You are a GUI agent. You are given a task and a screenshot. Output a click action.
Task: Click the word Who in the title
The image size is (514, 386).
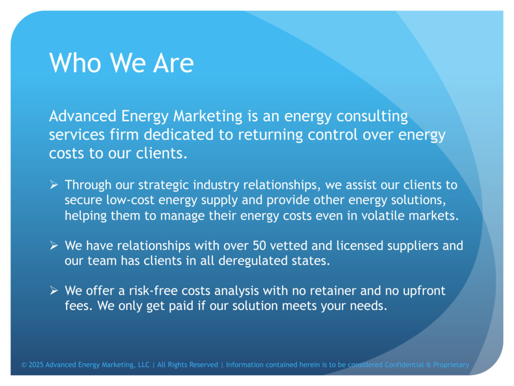tap(75, 62)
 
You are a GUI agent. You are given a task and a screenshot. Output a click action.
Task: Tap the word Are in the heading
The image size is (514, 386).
tap(173, 62)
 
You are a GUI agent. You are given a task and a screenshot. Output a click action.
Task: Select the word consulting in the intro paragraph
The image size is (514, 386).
tap(372, 117)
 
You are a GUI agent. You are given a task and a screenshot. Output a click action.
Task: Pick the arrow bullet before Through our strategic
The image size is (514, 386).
tap(54, 185)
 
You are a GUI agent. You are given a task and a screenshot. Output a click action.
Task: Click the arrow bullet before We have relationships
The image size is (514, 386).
tap(54, 245)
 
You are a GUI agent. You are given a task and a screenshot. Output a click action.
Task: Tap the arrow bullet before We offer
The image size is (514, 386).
tap(54, 291)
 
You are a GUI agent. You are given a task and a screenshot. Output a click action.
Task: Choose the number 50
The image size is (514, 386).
tap(259, 246)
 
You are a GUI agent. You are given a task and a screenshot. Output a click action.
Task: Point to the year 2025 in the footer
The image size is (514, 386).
tap(36, 365)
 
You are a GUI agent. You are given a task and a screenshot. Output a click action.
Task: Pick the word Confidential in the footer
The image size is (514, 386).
tap(404, 365)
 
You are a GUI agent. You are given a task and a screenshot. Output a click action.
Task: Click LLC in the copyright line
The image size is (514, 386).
tap(144, 365)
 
